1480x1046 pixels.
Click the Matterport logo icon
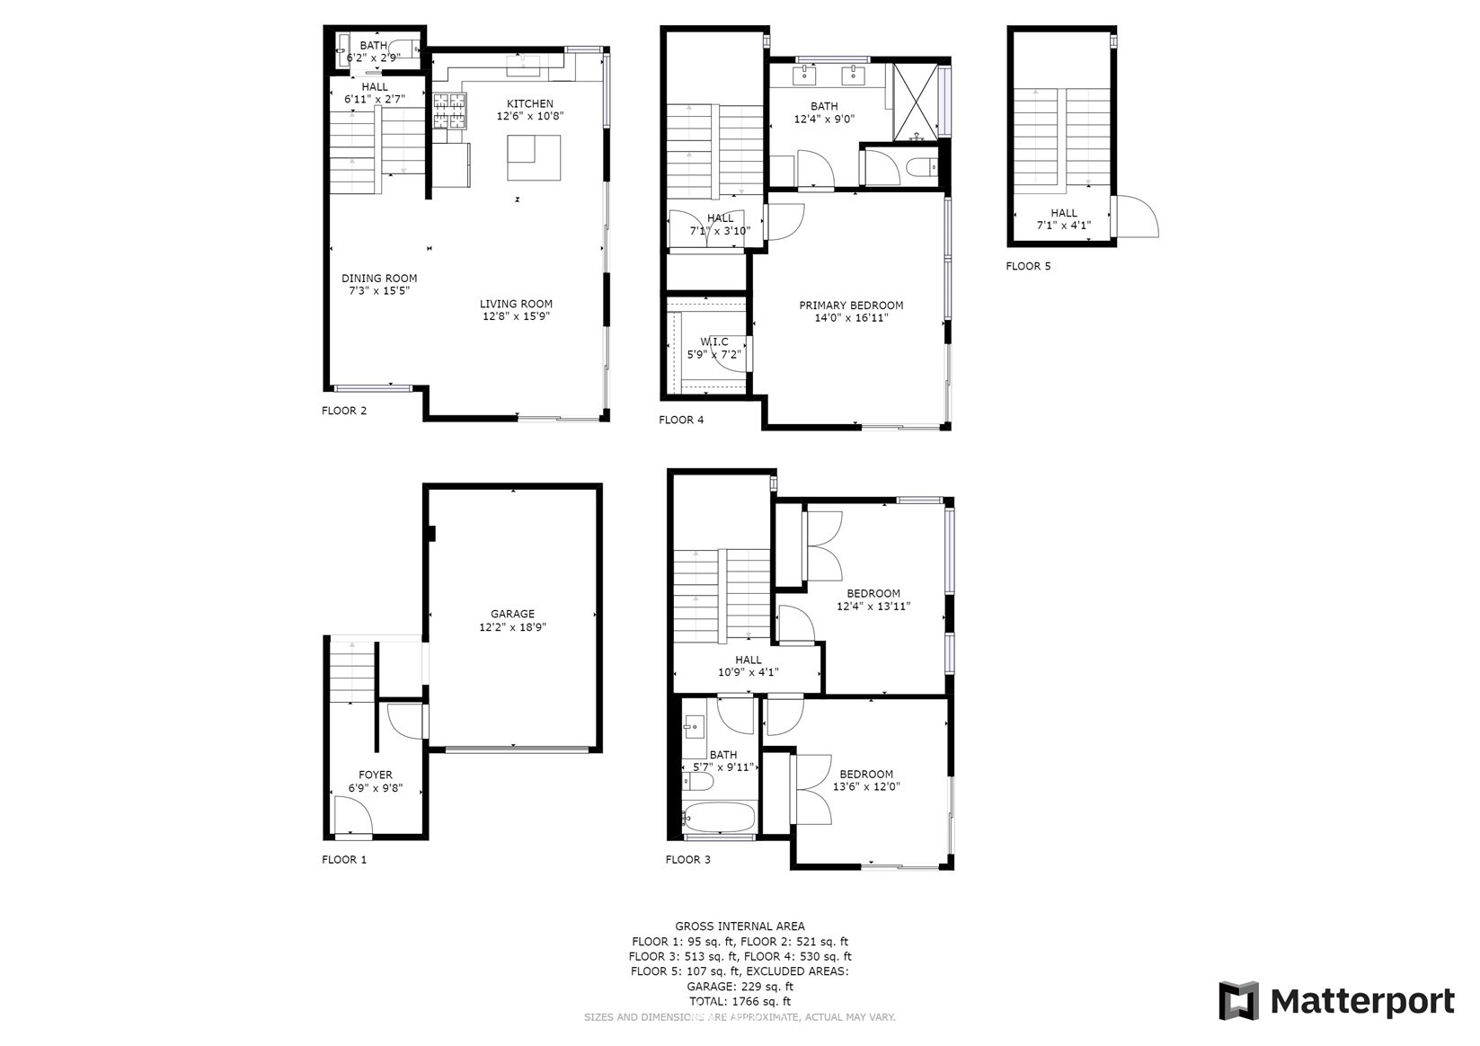[x=1239, y=1000]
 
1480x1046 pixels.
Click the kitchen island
[x=534, y=158]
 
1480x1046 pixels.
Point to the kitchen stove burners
[x=449, y=111]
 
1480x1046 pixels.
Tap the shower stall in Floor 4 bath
[x=916, y=102]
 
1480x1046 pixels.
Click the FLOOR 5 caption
[x=1028, y=266]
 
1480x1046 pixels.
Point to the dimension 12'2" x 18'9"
[x=513, y=627]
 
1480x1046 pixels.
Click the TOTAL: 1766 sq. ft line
[x=740, y=1002]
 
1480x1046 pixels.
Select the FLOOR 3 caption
[x=687, y=860]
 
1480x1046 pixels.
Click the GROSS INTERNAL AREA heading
[x=740, y=926]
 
